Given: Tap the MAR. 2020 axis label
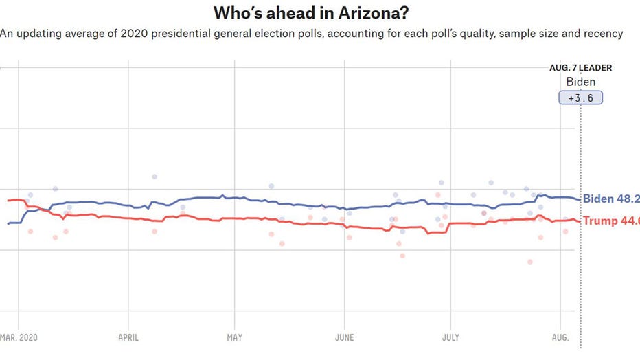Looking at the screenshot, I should (x=19, y=337).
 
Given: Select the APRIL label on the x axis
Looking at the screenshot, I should (x=128, y=337).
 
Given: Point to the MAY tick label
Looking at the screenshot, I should (x=234, y=337).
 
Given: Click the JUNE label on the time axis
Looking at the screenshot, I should (x=344, y=337).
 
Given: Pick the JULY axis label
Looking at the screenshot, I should (x=450, y=337).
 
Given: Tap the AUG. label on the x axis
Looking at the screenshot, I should (x=561, y=337).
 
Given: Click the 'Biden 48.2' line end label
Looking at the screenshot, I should (x=610, y=199).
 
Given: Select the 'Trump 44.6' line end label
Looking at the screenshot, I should (x=610, y=221).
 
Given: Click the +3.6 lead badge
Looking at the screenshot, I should (x=581, y=98).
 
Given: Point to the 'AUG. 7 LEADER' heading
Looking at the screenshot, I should (x=581, y=68).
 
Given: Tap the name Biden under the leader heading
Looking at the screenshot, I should (x=581, y=82).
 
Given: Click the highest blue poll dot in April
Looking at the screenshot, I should (x=155, y=177).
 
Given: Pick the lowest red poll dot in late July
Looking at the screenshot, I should (x=530, y=262).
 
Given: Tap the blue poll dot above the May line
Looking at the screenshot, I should (x=271, y=186).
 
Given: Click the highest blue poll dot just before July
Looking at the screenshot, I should (x=441, y=183).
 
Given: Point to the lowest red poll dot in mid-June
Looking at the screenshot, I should (x=402, y=256).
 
